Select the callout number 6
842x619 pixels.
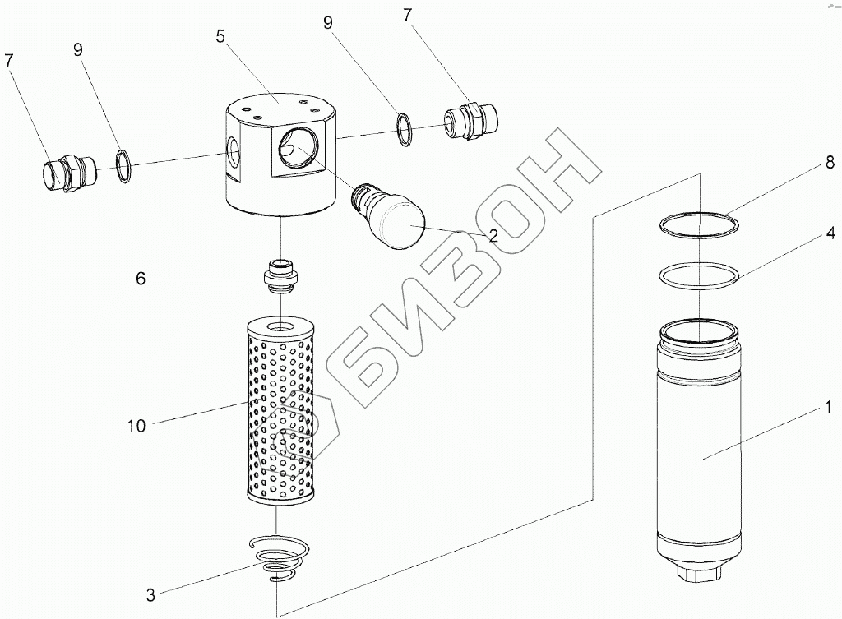click(x=141, y=279)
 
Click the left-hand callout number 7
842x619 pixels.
click(x=9, y=60)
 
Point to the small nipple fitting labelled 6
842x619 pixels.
click(x=280, y=275)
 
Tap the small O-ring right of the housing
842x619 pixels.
click(x=404, y=130)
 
